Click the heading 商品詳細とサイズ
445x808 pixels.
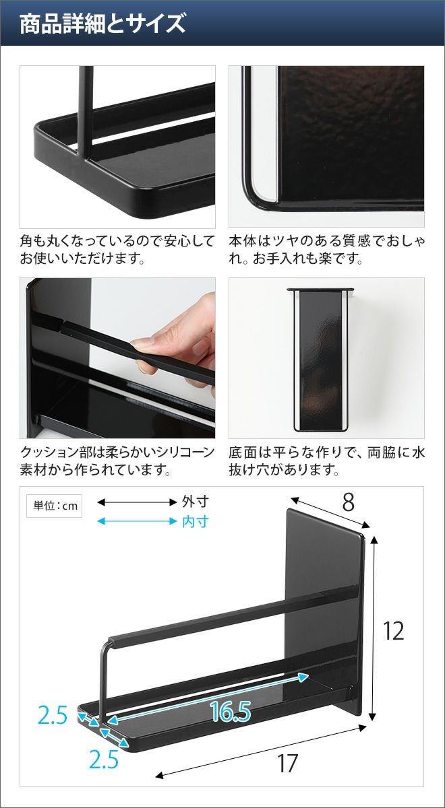click(x=102, y=23)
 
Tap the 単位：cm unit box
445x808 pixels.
click(x=54, y=506)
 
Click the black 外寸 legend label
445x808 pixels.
click(x=196, y=502)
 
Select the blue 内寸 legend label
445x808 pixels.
click(x=196, y=522)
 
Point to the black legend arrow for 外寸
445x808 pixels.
click(x=137, y=502)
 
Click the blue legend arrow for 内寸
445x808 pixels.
click(x=137, y=521)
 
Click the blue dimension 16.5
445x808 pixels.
click(x=231, y=711)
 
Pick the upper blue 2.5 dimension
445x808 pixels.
click(x=53, y=715)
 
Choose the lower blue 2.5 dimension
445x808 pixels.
click(x=104, y=760)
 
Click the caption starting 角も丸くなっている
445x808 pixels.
click(x=117, y=250)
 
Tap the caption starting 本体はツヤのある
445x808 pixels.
click(x=326, y=250)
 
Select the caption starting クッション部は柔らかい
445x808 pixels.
click(x=117, y=461)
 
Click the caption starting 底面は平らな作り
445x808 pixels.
click(x=326, y=461)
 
